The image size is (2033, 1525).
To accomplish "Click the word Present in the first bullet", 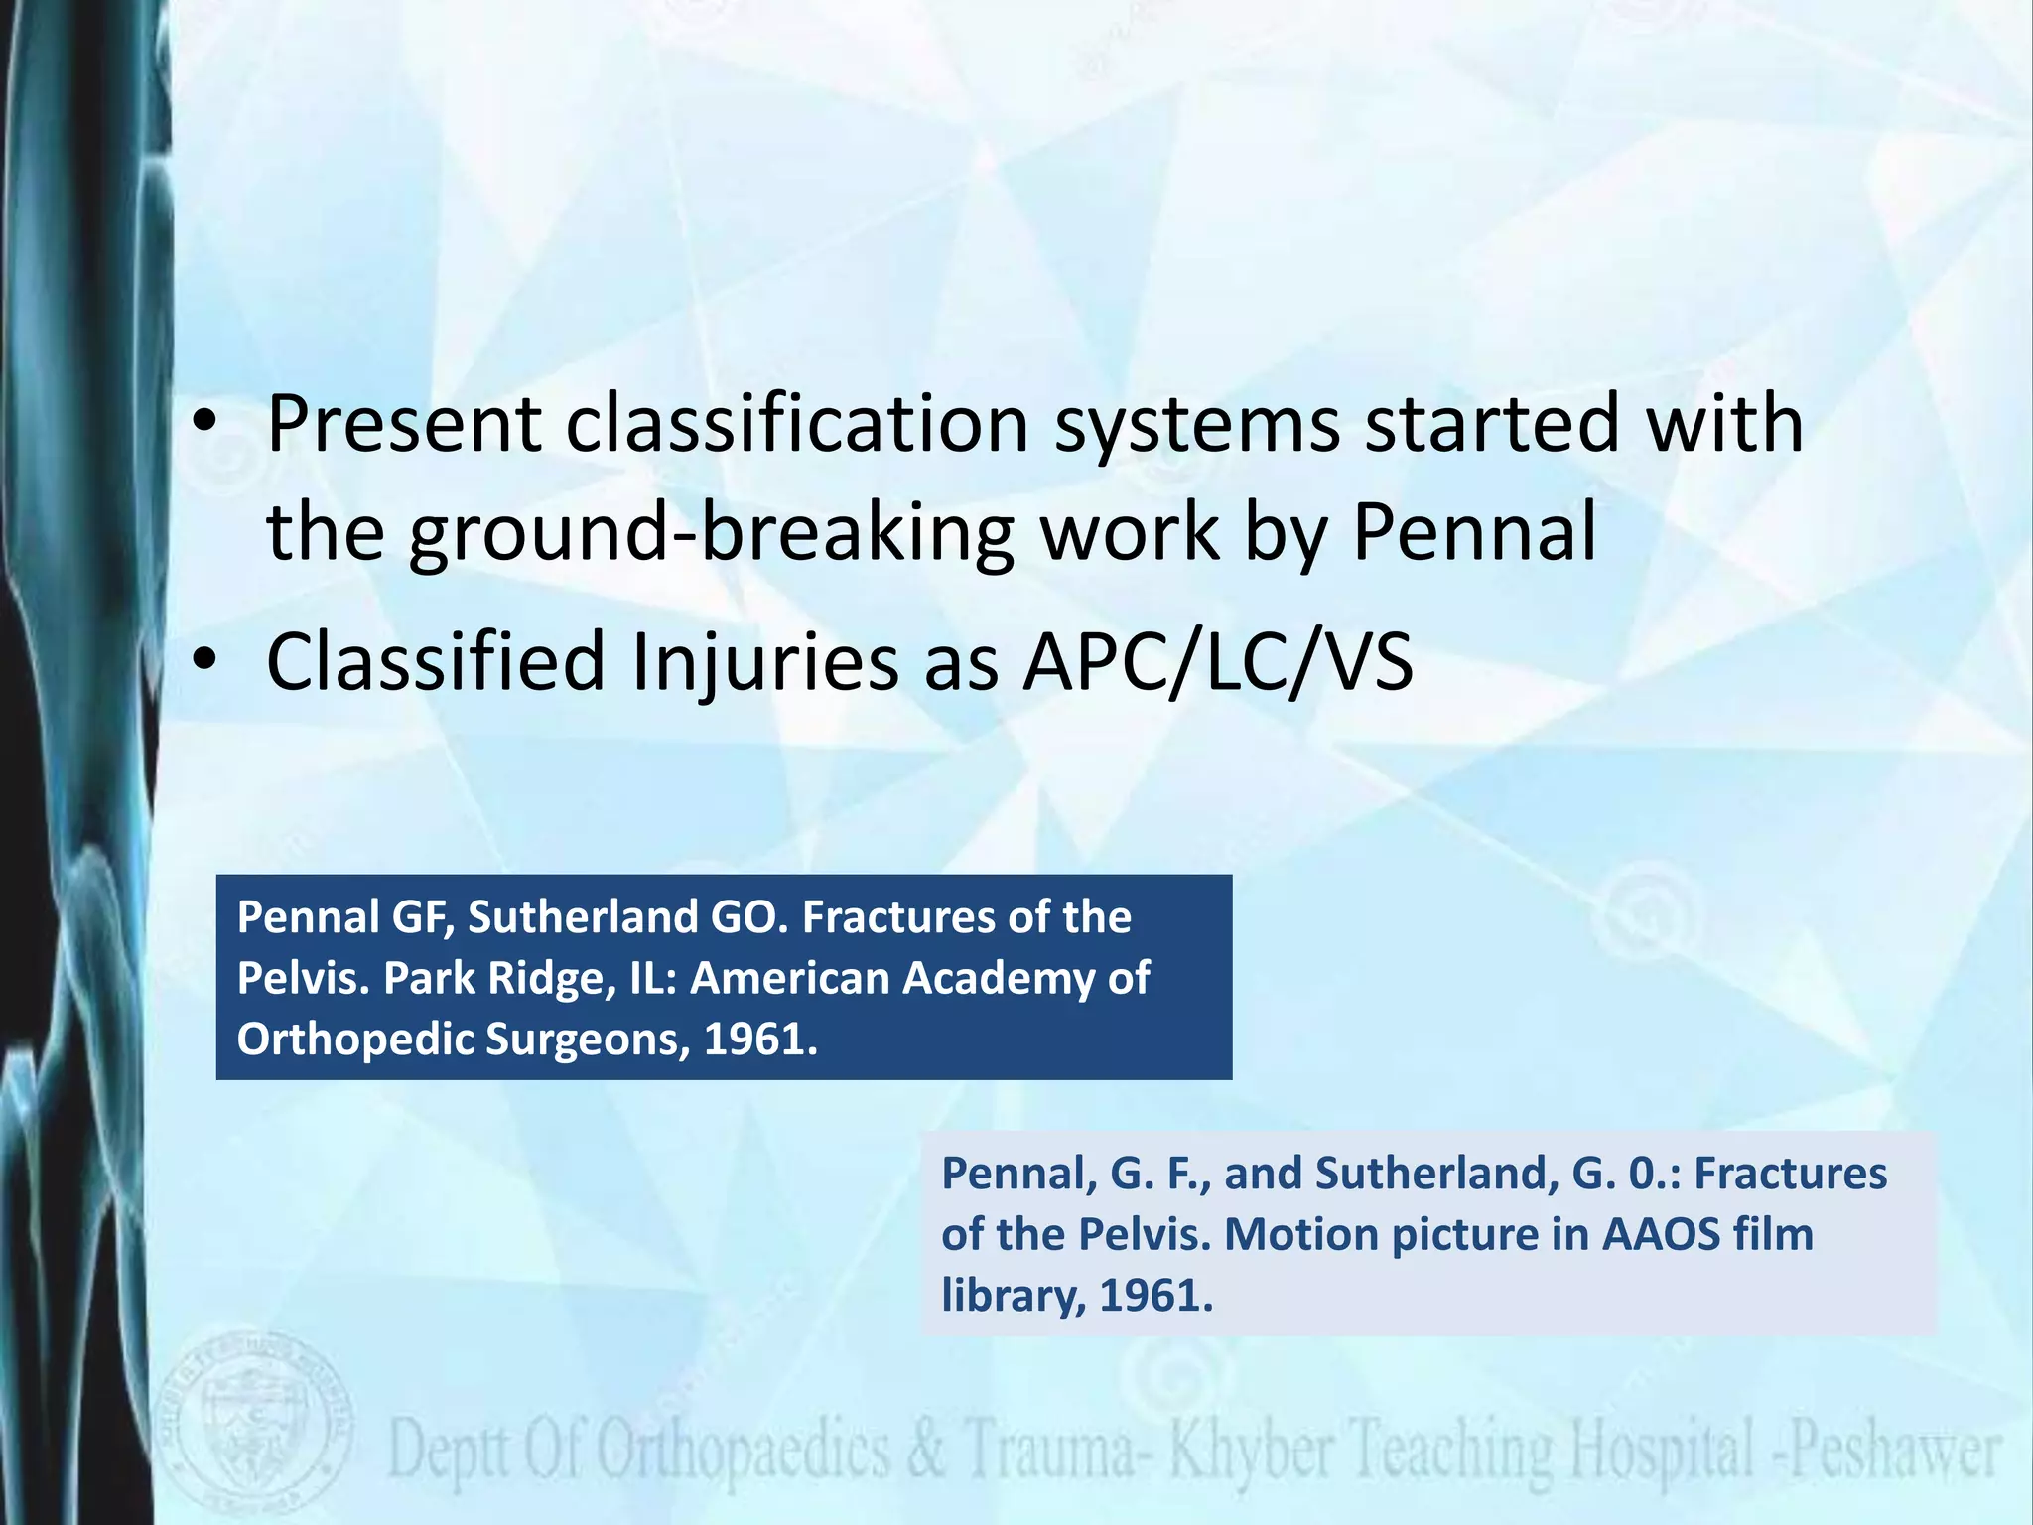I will [x=403, y=425].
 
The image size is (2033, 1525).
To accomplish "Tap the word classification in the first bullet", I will [x=797, y=425].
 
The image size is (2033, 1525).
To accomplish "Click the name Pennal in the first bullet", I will [x=1474, y=532].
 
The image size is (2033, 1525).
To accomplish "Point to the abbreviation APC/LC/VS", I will [x=1218, y=662].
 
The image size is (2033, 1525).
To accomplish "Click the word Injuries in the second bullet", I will [x=764, y=662].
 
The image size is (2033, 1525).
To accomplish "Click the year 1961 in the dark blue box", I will [x=759, y=1040].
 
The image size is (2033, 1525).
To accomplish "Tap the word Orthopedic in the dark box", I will [x=354, y=1040].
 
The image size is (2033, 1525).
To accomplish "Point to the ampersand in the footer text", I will [x=926, y=1452].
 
